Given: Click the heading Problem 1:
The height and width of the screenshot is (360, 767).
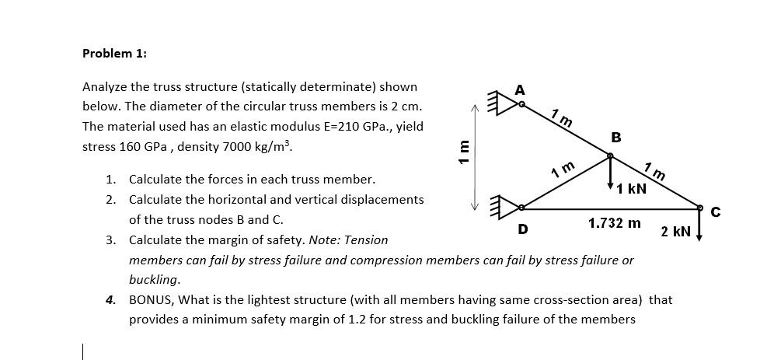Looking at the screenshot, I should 114,54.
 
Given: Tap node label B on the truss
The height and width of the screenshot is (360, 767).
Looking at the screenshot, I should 616,138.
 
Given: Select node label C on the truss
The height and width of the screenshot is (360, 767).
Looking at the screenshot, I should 716,211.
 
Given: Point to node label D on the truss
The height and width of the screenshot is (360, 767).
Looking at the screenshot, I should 523,229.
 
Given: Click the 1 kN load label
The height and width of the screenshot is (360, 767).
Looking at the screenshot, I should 630,189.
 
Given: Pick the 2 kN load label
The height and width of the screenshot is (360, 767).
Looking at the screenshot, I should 675,232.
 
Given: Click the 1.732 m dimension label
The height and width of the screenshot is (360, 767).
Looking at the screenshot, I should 614,223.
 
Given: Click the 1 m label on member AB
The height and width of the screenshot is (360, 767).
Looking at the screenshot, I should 562,119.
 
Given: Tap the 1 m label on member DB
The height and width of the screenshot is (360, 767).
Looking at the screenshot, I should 562,169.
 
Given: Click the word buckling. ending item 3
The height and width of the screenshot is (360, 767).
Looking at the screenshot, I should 155,279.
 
